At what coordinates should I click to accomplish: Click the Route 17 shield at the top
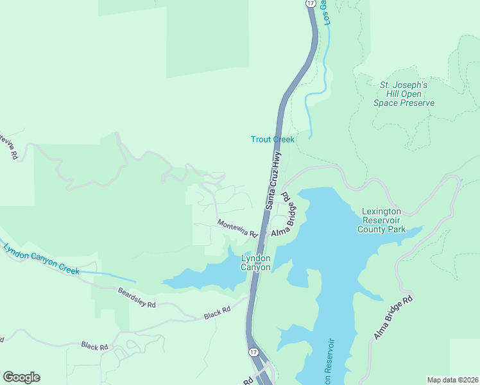click(x=310, y=4)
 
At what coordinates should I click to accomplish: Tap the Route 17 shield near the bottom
click(x=254, y=353)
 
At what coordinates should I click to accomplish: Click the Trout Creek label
click(x=272, y=139)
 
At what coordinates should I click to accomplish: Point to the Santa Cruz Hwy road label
click(x=273, y=180)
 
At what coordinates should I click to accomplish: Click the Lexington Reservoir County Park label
click(x=381, y=220)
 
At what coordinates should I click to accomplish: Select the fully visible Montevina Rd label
click(x=237, y=227)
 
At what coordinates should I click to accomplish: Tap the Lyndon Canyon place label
click(x=256, y=263)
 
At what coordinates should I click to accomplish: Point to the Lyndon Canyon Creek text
click(x=40, y=260)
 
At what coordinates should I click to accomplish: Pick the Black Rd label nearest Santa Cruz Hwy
click(x=217, y=312)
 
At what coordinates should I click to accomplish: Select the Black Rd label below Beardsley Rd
click(x=94, y=346)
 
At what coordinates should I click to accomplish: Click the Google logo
click(x=21, y=377)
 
